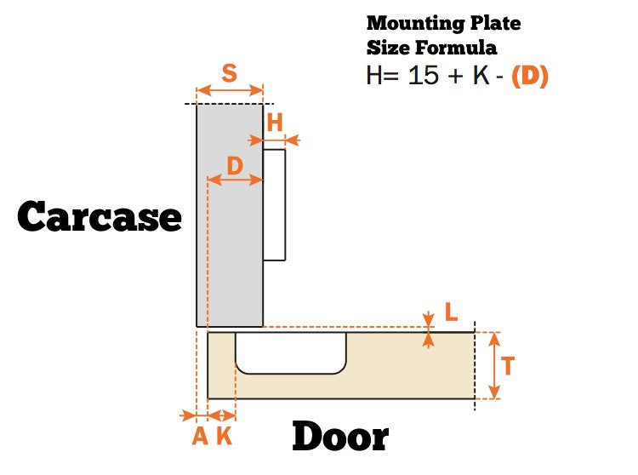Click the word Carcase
click(x=100, y=217)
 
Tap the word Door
click(x=339, y=438)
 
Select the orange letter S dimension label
click(x=229, y=73)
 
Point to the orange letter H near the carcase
click(x=275, y=123)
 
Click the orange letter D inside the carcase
click(x=236, y=165)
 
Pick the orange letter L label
click(x=451, y=313)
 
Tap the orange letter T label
click(x=508, y=366)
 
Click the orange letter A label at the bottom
click(x=200, y=437)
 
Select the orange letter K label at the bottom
click(x=224, y=437)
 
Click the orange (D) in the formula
click(x=529, y=76)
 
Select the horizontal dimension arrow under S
click(x=230, y=89)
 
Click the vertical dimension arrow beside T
click(x=493, y=365)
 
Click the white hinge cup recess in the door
click(x=291, y=352)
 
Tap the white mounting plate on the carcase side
click(x=274, y=204)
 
